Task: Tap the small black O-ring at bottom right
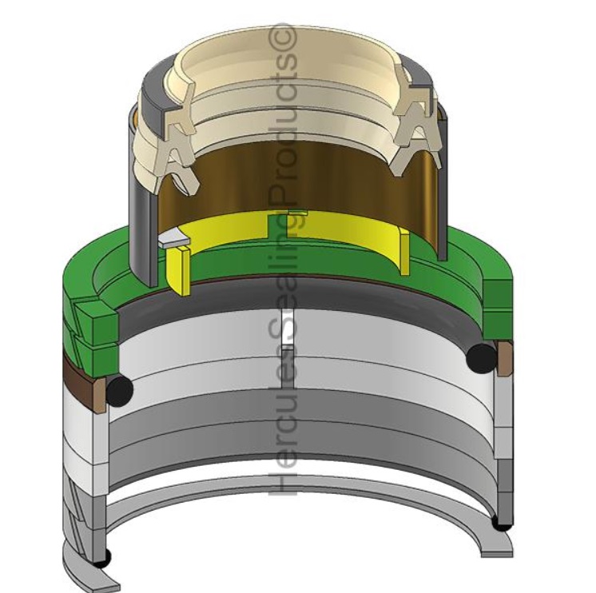pos(500,523)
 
